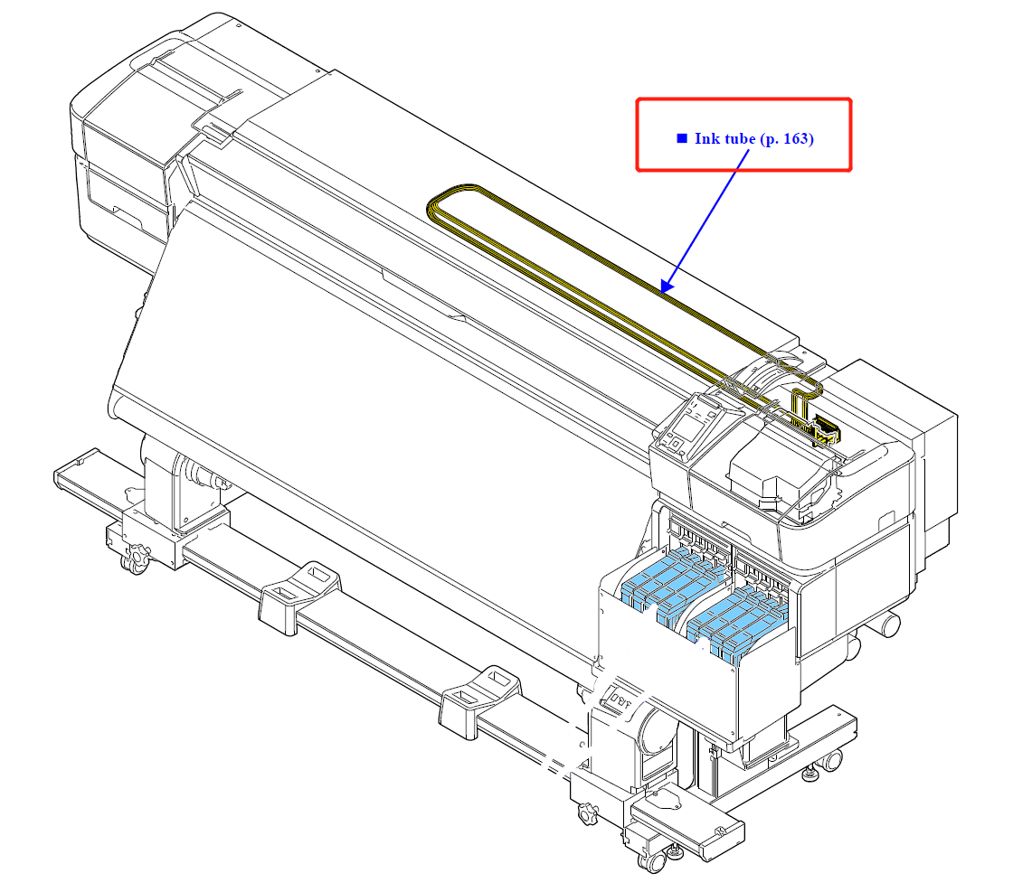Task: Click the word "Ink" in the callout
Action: tap(705, 138)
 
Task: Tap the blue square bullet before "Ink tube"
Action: tap(682, 138)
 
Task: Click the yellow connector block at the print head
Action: tap(825, 432)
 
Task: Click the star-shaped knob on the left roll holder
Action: tap(137, 557)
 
